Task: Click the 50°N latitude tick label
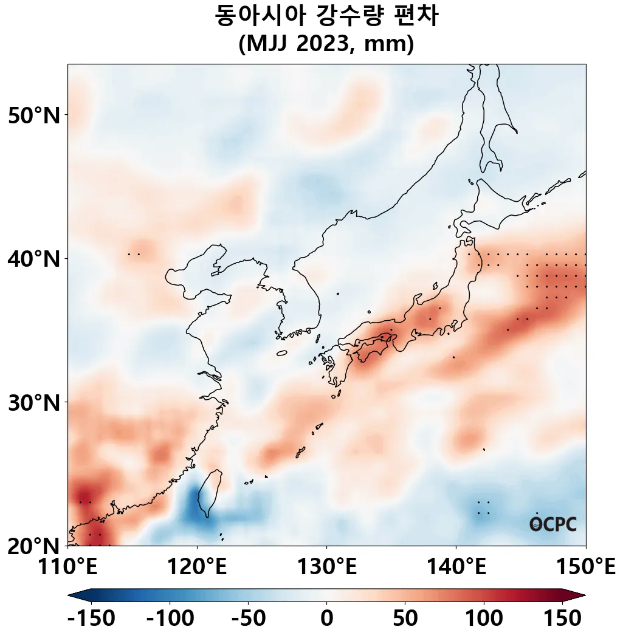34,115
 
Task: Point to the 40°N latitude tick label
34,259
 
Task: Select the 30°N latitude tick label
34,402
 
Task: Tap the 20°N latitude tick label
34,546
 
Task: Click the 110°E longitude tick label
68,569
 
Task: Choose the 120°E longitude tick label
197,569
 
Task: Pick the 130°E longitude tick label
326,569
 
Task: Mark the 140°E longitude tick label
456,569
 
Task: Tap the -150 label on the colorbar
91,619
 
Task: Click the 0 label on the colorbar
327,619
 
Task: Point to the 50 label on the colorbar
405,619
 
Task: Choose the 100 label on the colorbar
484,619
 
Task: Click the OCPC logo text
552,524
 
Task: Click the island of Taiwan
212,491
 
